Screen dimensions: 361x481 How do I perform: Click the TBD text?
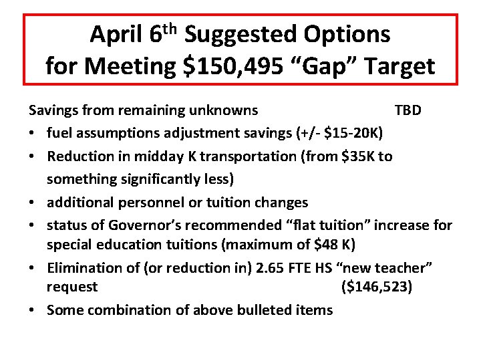[408, 110]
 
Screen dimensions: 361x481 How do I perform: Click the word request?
[72, 287]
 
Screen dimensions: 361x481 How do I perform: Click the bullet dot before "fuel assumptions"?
[32, 133]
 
